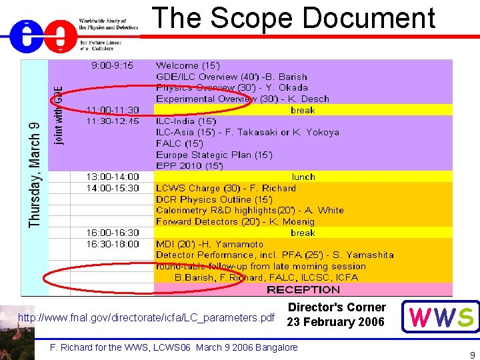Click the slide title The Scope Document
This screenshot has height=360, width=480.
[294, 19]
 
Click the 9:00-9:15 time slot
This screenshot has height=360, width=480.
[112, 65]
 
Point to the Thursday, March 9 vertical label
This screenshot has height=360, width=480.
[35, 175]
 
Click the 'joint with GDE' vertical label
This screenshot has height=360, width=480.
[59, 115]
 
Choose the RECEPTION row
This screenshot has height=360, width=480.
[303, 289]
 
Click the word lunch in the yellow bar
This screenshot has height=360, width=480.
[303, 177]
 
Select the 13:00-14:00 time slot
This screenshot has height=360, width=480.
[113, 177]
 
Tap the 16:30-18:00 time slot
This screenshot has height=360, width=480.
[113, 244]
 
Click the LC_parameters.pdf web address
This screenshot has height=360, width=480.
[146, 317]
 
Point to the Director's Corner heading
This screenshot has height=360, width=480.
[337, 307]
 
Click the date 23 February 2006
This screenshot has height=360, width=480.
[336, 322]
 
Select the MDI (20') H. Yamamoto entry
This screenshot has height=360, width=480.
[209, 244]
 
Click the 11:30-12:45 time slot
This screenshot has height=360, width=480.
[113, 121]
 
